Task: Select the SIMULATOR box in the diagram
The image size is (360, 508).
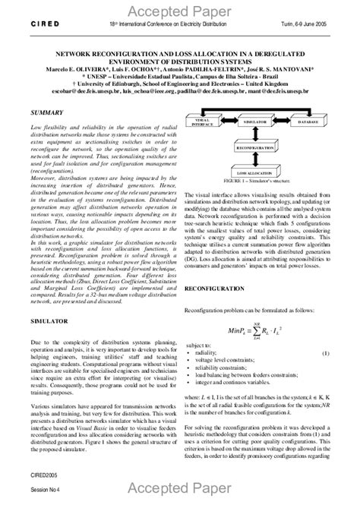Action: tap(259, 121)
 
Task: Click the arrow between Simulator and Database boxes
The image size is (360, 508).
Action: tap(287, 121)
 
